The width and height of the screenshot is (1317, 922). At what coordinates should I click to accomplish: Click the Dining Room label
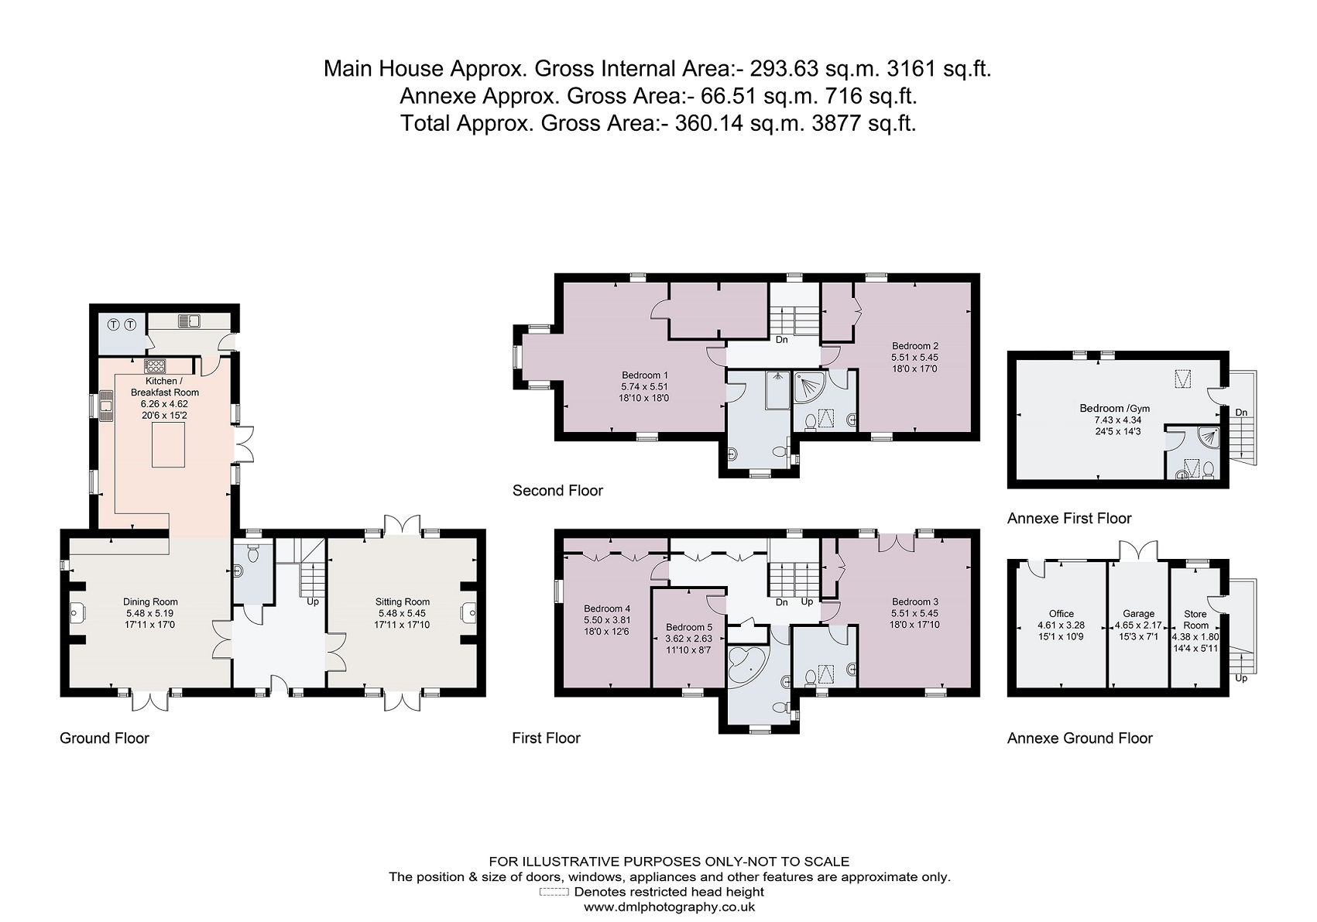click(150, 602)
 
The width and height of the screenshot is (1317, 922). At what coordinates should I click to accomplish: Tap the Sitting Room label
click(403, 602)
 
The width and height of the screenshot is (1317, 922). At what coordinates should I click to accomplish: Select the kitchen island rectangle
click(169, 446)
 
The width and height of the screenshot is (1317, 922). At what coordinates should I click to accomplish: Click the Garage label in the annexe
click(1138, 613)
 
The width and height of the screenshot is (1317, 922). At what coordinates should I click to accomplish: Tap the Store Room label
click(1195, 619)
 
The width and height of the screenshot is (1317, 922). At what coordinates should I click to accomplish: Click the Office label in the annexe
click(1061, 613)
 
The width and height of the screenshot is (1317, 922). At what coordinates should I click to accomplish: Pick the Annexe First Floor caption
click(1068, 518)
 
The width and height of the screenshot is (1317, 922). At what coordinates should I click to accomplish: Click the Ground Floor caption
click(104, 738)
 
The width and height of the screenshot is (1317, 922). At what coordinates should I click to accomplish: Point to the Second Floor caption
click(557, 490)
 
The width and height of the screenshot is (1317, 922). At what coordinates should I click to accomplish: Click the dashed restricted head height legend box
click(554, 892)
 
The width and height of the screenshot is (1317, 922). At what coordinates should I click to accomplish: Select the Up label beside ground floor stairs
click(313, 601)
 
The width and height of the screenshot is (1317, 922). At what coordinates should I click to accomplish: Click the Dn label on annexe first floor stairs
click(1241, 413)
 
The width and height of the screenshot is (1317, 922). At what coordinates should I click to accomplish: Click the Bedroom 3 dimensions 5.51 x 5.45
click(914, 613)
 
